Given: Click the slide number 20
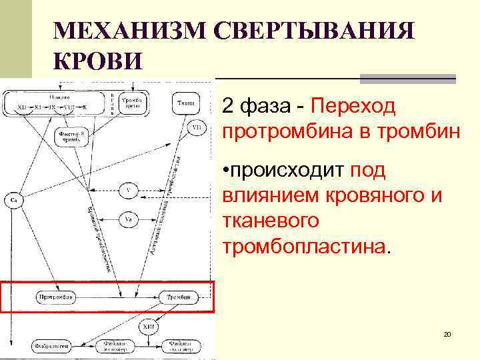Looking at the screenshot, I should [447, 333].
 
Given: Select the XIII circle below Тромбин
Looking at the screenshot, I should [148, 327].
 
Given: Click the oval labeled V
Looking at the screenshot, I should [129, 191].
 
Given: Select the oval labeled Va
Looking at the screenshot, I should [129, 218].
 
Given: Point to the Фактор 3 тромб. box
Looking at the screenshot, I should [69, 136].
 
